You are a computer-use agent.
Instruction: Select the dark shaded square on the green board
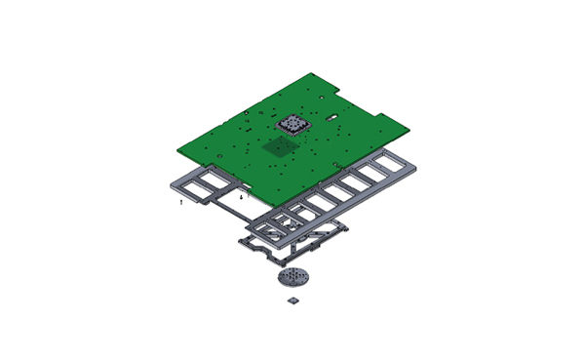pos(281,146)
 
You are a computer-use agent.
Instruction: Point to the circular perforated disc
pos(294,278)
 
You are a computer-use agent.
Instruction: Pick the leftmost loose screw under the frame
pos(182,202)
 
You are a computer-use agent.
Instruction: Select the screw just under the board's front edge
pos(241,196)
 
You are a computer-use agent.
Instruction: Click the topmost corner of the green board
pos(310,74)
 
